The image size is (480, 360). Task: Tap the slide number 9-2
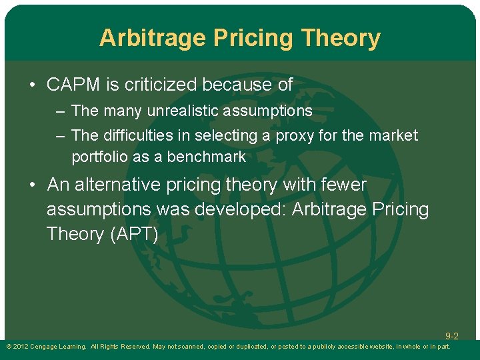pyautogui.click(x=452, y=336)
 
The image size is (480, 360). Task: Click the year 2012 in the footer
pyautogui.click(x=19, y=347)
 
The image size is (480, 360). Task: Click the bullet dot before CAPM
pyautogui.click(x=33, y=85)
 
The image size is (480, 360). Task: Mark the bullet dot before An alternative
pyautogui.click(x=33, y=185)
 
